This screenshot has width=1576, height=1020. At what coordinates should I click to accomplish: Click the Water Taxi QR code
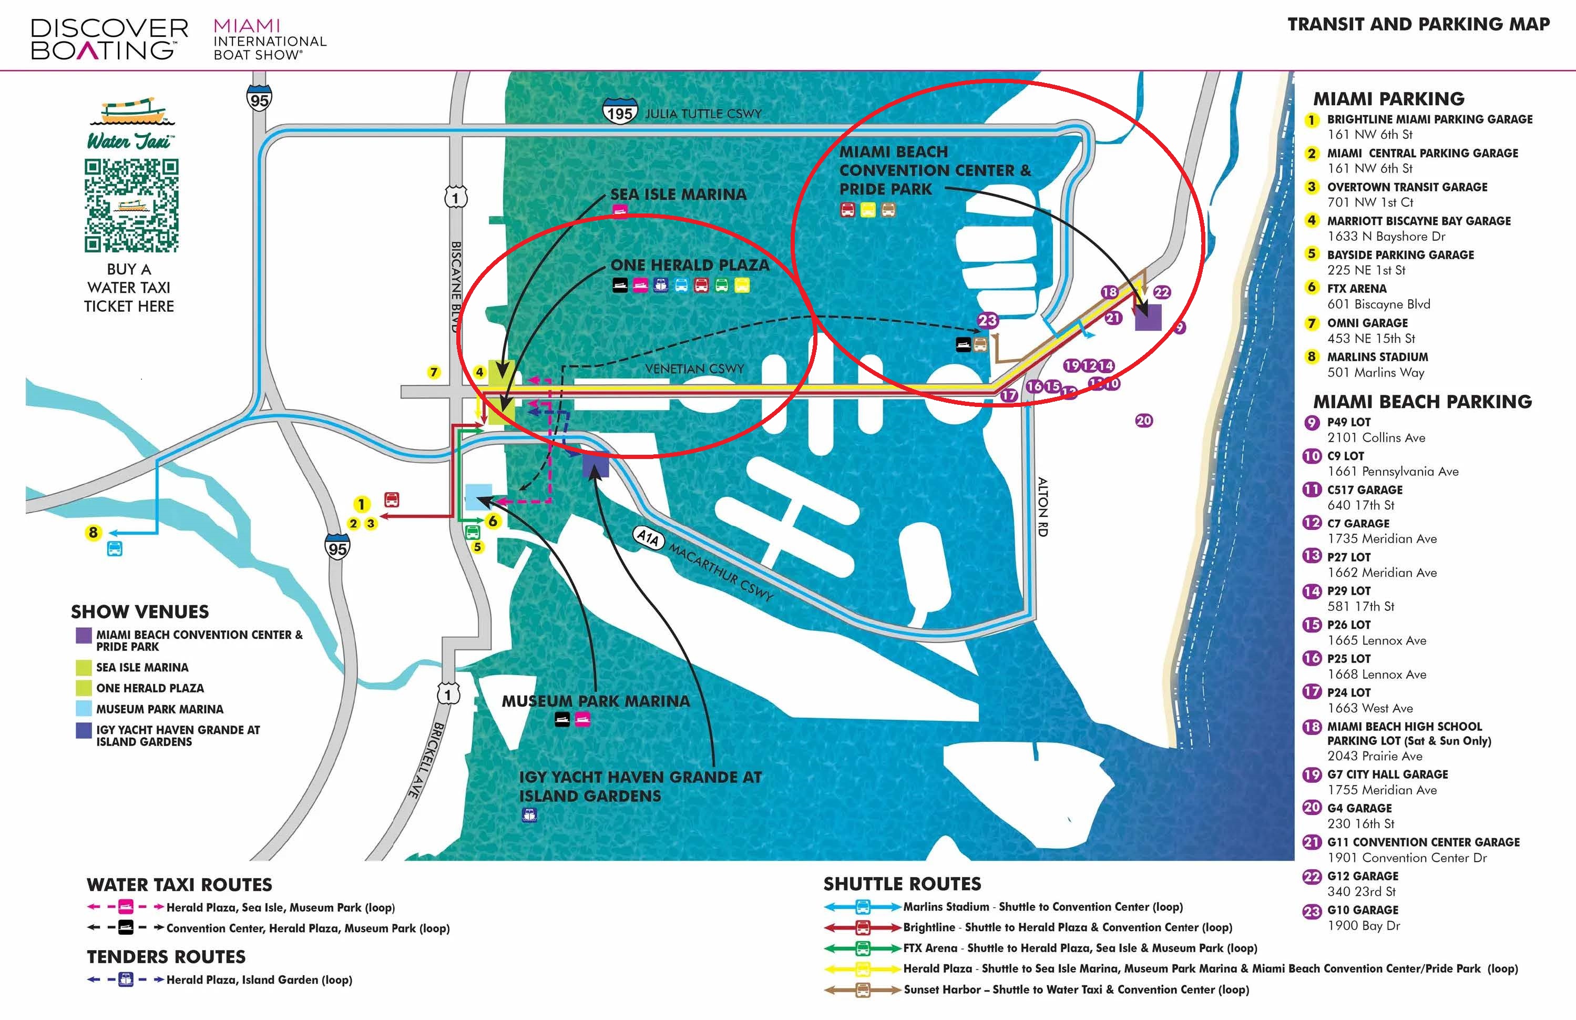pyautogui.click(x=131, y=206)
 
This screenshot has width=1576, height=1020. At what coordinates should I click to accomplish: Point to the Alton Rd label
pyautogui.click(x=1043, y=507)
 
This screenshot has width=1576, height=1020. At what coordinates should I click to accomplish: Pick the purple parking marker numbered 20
pyautogui.click(x=1143, y=420)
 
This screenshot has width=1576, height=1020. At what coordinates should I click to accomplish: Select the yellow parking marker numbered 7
pyautogui.click(x=434, y=372)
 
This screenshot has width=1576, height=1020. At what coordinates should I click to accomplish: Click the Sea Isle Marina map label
pyautogui.click(x=678, y=194)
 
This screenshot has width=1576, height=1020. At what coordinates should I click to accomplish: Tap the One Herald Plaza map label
pyautogui.click(x=690, y=265)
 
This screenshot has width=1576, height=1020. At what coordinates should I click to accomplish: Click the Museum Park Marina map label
pyautogui.click(x=595, y=701)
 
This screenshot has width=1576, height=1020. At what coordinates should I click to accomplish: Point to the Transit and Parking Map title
pyautogui.click(x=1418, y=25)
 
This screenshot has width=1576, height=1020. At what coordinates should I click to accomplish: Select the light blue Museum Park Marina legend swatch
pyautogui.click(x=84, y=708)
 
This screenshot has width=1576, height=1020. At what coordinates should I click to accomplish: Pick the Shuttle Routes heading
pyautogui.click(x=902, y=883)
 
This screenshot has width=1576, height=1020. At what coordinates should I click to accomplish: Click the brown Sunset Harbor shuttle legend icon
pyautogui.click(x=863, y=990)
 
